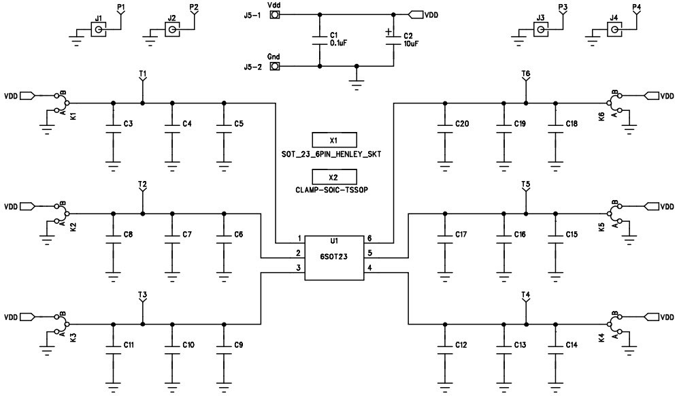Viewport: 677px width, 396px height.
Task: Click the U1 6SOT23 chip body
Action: tap(333, 258)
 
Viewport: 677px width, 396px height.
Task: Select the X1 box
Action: tap(333, 139)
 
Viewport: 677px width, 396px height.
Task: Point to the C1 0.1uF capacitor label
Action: tap(337, 39)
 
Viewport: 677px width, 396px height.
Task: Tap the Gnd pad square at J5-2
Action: tap(276, 67)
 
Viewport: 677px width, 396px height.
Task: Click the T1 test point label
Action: tap(142, 73)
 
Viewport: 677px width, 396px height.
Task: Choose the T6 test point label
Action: tap(525, 73)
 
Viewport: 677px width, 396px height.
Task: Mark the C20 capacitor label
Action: tap(462, 124)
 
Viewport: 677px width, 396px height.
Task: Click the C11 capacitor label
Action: tap(129, 345)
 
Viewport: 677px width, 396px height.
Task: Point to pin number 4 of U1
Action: tap(369, 268)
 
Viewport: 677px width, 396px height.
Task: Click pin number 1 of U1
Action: tap(299, 238)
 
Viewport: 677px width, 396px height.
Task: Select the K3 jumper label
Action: tap(73, 338)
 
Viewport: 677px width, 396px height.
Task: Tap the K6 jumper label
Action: tap(601, 116)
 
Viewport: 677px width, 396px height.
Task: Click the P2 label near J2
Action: tap(194, 7)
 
